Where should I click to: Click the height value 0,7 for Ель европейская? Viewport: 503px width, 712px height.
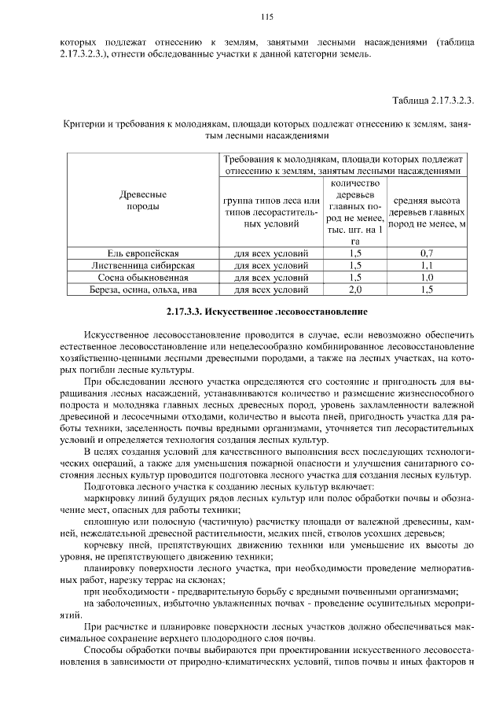427,253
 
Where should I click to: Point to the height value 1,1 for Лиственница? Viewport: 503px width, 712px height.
427,265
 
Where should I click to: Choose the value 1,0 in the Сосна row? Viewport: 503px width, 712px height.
427,277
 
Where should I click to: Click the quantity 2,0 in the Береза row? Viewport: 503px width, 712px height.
354,290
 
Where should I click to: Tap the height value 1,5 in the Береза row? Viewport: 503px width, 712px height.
427,290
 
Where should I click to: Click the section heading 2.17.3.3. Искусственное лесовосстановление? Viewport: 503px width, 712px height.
266,312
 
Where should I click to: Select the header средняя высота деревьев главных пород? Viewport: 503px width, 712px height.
427,212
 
